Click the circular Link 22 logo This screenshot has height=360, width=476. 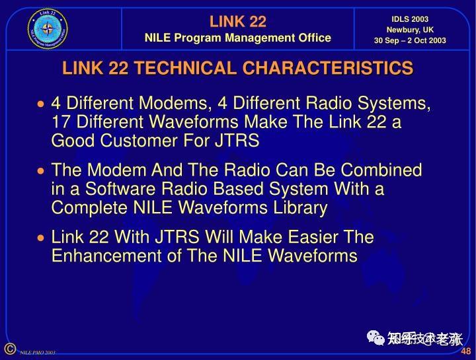click(48, 28)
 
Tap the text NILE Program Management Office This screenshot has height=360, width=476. click(238, 38)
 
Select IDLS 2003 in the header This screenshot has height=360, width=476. click(410, 18)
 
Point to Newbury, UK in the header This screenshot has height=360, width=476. click(410, 30)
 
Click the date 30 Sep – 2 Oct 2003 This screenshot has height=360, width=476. click(410, 41)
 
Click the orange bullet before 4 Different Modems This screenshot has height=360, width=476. click(42, 104)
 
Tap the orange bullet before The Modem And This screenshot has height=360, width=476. click(42, 171)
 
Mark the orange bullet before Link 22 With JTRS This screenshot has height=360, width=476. click(42, 238)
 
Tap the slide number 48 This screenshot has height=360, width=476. click(466, 351)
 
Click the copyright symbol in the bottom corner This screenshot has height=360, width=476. click(9, 349)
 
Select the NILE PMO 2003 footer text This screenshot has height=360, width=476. click(37, 353)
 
